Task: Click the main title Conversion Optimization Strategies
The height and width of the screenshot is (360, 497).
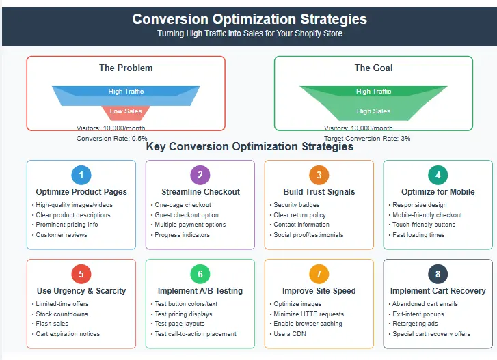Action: point(249,19)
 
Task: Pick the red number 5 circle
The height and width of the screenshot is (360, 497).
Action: point(81,274)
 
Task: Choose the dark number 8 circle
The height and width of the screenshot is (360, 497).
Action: point(438,274)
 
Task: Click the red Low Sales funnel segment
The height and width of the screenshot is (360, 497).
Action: point(126,111)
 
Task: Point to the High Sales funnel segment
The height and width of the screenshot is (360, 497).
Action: point(373,111)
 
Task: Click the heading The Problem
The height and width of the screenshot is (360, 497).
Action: point(126,68)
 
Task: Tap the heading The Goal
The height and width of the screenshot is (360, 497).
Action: point(373,68)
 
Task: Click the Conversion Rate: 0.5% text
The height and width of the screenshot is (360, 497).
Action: point(111,138)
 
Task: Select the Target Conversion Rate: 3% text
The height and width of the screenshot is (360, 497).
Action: point(367,138)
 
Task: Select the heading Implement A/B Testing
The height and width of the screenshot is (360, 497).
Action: point(200,291)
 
